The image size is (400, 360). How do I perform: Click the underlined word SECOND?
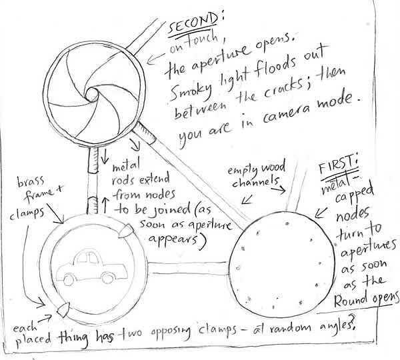pyautogui.click(x=193, y=25)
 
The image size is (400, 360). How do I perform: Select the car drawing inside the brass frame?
pyautogui.click(x=91, y=267)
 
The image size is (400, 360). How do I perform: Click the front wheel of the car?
pyautogui.click(x=69, y=279)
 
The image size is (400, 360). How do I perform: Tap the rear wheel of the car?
pyautogui.click(x=108, y=278)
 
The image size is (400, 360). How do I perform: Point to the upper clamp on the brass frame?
pyautogui.click(x=125, y=231)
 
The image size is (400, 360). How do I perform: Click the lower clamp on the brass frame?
pyautogui.click(x=63, y=310)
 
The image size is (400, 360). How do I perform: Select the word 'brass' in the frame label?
pyautogui.click(x=31, y=181)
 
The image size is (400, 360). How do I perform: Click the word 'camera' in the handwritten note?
pyautogui.click(x=285, y=113)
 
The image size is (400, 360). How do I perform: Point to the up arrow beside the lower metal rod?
pyautogui.click(x=105, y=205)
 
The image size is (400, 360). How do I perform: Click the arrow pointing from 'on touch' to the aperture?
pyautogui.click(x=155, y=59)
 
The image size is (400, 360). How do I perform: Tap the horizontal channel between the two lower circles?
pyautogui.click(x=187, y=268)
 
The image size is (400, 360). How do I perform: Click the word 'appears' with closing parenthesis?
pyautogui.click(x=177, y=240)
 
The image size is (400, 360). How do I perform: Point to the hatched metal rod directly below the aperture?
pyautogui.click(x=93, y=160)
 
